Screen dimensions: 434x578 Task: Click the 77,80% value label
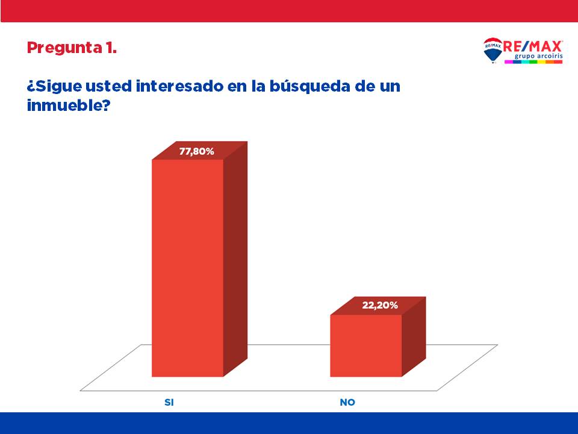[196, 152]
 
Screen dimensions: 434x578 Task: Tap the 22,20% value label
[379, 306]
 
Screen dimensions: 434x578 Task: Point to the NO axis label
[347, 402]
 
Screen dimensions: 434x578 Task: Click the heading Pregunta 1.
[72, 48]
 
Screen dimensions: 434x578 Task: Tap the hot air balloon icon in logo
[493, 51]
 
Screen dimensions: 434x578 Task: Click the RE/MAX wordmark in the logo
[533, 46]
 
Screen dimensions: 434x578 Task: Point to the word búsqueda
[313, 86]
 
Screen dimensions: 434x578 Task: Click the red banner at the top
[289, 11]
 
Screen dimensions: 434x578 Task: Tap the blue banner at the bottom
[289, 423]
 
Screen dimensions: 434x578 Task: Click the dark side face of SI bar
[235, 259]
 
